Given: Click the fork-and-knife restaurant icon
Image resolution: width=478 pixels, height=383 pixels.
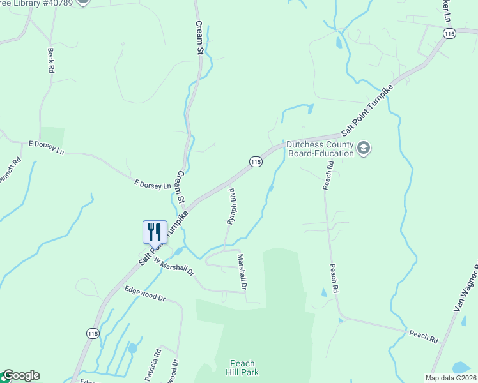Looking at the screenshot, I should click(155, 231).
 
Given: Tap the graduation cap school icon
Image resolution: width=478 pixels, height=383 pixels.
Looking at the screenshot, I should click(364, 148).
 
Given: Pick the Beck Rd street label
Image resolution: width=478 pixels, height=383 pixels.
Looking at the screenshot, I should click(50, 60).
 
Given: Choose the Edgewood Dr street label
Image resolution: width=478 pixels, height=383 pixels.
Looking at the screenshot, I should click(145, 294).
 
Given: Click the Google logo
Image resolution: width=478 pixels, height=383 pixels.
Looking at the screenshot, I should click(20, 375).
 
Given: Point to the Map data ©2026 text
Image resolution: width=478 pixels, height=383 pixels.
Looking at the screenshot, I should click(451, 378).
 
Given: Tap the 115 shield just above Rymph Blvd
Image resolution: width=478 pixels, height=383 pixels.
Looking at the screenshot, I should click(256, 162).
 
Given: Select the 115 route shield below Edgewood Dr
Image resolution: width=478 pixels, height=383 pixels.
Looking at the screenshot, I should click(93, 333).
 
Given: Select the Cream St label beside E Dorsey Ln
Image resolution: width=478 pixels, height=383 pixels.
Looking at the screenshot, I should click(181, 186).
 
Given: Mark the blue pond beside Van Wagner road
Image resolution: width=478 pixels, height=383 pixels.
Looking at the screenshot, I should click(461, 368).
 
